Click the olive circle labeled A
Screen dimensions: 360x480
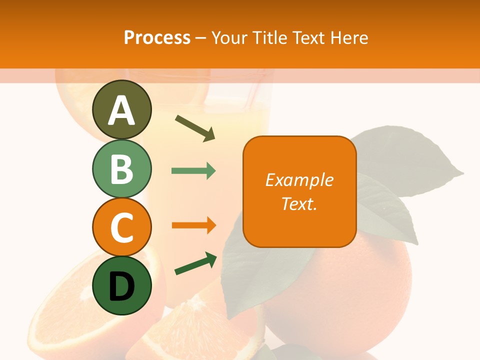tap(122, 109)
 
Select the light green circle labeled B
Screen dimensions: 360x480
tap(122, 168)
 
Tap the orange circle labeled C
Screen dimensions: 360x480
tap(122, 227)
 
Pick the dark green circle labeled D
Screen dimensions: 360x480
tap(122, 285)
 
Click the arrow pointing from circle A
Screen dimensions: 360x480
tap(195, 127)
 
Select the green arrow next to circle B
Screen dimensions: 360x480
tap(193, 171)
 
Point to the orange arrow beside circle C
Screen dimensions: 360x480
tap(193, 225)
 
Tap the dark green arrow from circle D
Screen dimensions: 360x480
tap(195, 264)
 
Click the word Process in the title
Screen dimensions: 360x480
tap(157, 37)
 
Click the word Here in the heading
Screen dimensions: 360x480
tap(349, 37)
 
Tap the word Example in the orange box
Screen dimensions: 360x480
tap(299, 180)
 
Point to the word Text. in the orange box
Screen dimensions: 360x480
tap(299, 203)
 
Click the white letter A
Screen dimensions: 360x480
tap(122, 110)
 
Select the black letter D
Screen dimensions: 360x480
tap(122, 286)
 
